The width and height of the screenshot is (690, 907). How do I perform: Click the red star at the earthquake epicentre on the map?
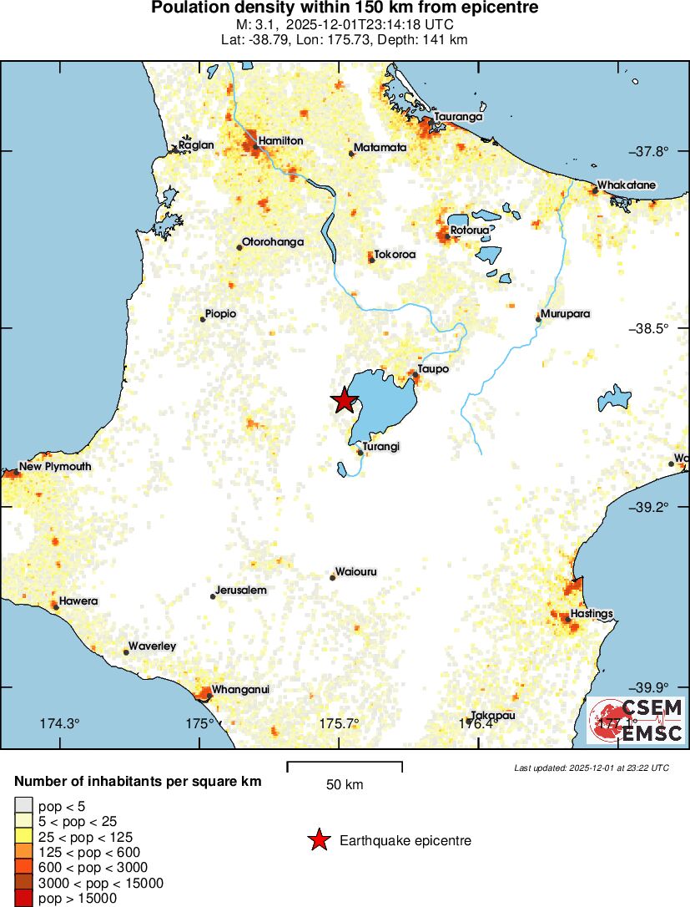pos(344,401)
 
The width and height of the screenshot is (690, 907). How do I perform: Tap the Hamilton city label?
pos(280,141)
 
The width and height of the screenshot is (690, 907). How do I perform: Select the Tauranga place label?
pos(458,117)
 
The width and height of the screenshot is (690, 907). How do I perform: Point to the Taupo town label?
pos(434,369)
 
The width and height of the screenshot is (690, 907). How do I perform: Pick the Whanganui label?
pos(241,689)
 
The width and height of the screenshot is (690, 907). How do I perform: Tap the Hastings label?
pos(592,614)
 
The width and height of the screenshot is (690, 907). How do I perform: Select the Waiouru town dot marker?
pos(332,577)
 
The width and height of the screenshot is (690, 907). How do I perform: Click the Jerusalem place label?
pos(240,590)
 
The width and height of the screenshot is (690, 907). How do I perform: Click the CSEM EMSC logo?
pos(636,720)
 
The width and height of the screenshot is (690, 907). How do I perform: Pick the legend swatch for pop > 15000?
pos(23,899)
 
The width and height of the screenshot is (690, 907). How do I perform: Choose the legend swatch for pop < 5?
pos(23,806)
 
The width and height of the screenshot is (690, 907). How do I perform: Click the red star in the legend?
pos(318,841)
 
